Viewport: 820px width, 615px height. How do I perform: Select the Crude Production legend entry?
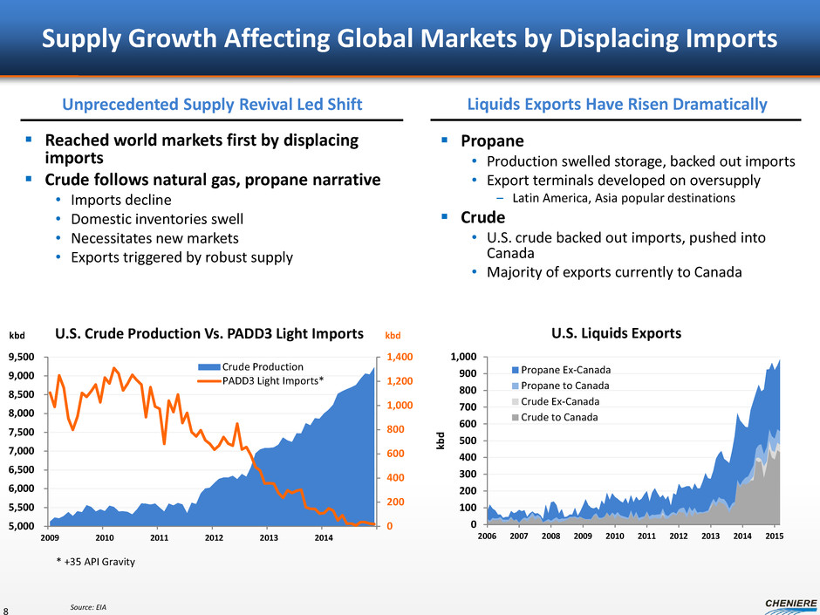click(263, 366)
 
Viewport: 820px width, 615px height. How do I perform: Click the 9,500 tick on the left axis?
click(22, 357)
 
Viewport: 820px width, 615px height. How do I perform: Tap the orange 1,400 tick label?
click(388, 357)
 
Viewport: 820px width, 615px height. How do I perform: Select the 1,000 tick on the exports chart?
click(463, 357)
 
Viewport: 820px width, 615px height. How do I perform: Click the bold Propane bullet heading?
click(492, 140)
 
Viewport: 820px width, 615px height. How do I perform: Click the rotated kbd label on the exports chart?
click(441, 440)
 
